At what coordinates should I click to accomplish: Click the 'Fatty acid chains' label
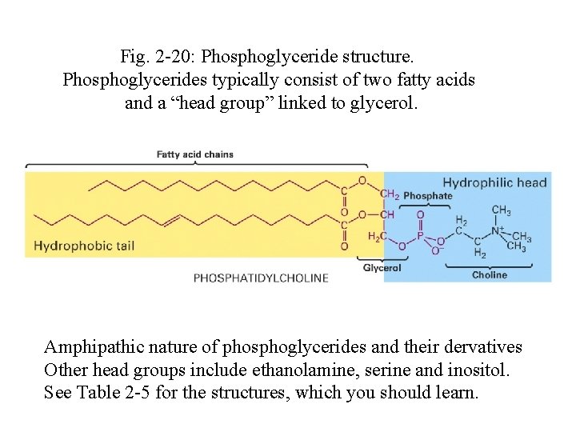point(194,154)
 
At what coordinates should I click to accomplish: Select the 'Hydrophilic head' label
point(494,182)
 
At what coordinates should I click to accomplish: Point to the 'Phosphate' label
point(427,196)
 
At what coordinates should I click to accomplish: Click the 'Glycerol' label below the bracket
point(382,268)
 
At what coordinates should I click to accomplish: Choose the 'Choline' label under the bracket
point(489,274)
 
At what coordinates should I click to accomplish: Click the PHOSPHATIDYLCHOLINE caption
point(261,278)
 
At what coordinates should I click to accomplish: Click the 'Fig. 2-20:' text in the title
point(158,57)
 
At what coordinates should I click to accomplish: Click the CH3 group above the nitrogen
point(502,211)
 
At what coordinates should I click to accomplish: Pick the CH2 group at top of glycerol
point(390,194)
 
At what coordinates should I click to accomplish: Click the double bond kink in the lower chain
point(170,219)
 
